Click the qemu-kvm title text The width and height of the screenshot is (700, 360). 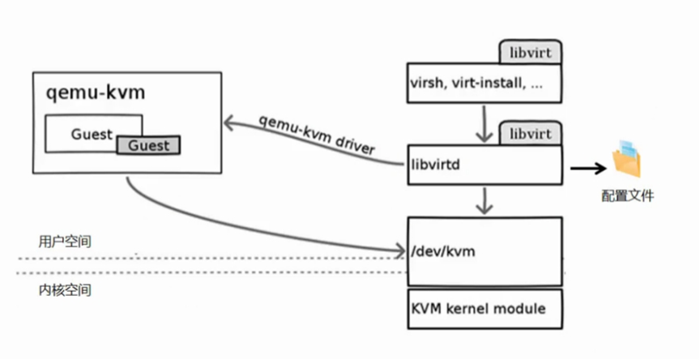96,92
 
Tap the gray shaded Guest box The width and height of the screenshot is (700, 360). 148,146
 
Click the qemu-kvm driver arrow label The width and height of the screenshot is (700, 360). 317,135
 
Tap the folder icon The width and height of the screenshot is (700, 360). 626,160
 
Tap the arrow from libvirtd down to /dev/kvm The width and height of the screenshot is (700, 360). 484,201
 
